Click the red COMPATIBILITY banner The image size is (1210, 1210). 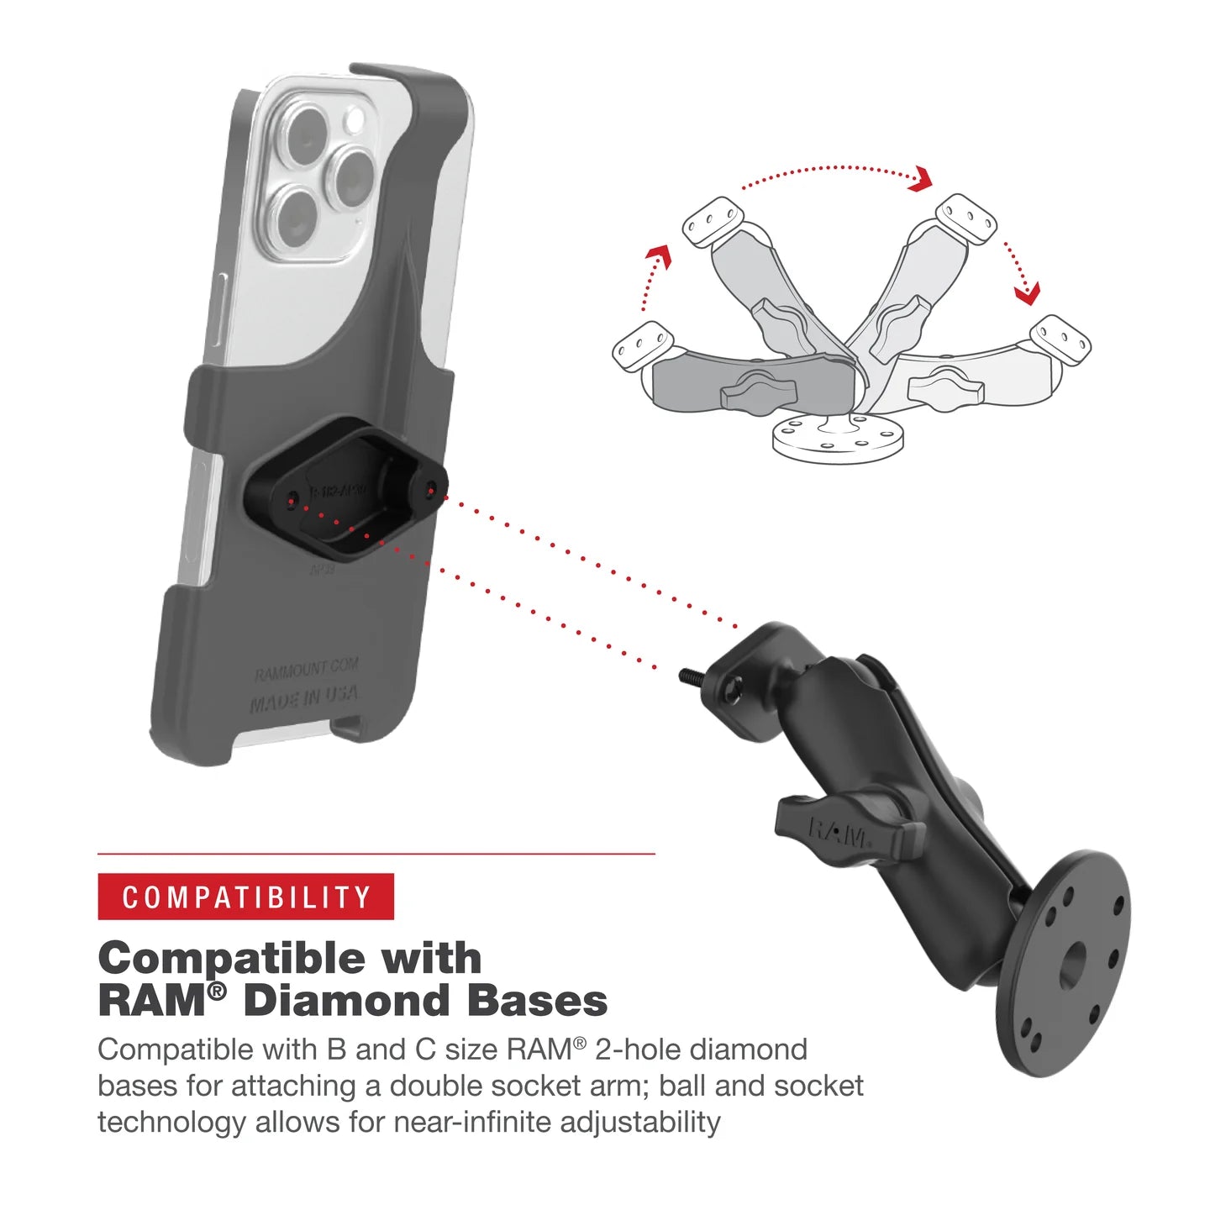pos(245,897)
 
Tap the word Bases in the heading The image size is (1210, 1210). pos(537,1001)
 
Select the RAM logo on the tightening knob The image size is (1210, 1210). pos(838,834)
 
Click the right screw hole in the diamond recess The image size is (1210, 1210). pos(432,487)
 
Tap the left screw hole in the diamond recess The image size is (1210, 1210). pos(292,502)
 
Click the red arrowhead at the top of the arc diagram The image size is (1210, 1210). pos(923,178)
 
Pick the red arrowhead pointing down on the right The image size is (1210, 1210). pos(1027,293)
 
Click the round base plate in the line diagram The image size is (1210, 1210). pos(838,438)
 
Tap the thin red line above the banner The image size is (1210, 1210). pos(376,854)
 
